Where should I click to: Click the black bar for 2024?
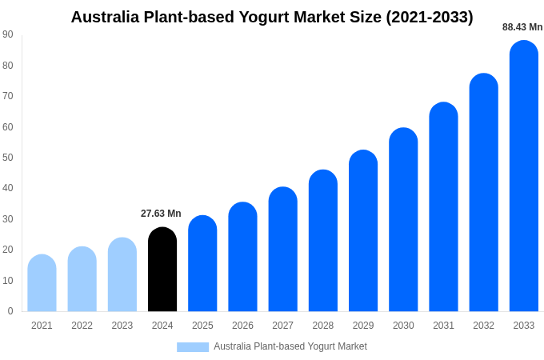tap(162, 270)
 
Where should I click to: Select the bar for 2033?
tap(524, 176)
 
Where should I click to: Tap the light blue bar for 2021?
tap(42, 283)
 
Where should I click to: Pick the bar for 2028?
tap(323, 241)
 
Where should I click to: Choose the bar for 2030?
tap(403, 219)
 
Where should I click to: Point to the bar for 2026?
tap(242, 257)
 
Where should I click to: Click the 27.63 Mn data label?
tap(161, 214)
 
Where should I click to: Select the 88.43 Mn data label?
tap(522, 27)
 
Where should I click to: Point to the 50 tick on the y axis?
tap(8, 158)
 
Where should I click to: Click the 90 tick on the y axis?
tap(8, 34)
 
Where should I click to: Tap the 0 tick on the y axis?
tap(10, 311)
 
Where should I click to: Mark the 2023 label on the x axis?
tap(122, 326)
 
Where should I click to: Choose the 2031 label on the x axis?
tap(443, 326)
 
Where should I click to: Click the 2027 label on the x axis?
tap(282, 326)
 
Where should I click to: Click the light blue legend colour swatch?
tap(193, 347)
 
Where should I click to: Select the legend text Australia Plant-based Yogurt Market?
tap(290, 346)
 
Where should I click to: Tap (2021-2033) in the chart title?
tap(430, 17)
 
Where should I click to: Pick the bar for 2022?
tap(82, 279)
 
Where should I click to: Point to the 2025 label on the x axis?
tap(202, 326)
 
